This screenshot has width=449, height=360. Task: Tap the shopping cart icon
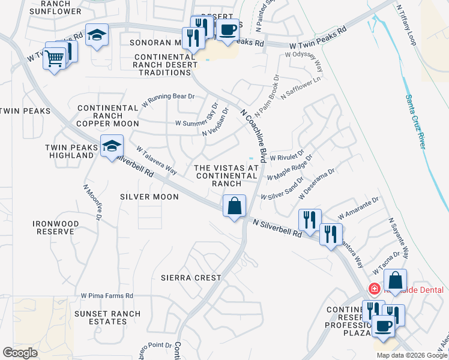click(54, 59)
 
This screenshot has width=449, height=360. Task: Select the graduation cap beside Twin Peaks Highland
click(112, 146)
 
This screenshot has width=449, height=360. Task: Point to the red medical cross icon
click(374, 290)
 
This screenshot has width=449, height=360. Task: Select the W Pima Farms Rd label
click(107, 296)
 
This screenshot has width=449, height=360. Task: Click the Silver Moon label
click(149, 196)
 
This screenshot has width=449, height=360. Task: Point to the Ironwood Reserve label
click(55, 227)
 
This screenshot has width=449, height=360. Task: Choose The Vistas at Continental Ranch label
click(226, 175)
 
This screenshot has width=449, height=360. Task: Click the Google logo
click(20, 353)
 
